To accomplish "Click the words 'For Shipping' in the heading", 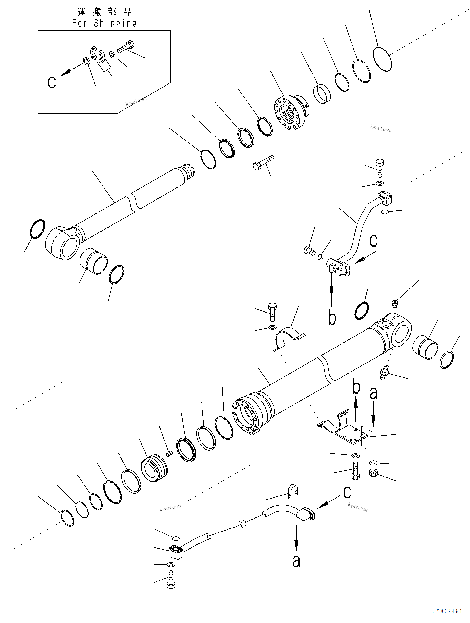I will pos(104,23).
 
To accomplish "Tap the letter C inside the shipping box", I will pos(52,82).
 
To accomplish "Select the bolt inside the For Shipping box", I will pos(126,47).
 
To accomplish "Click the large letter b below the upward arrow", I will pos(332,318).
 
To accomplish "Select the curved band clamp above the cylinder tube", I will pos(289,338).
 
